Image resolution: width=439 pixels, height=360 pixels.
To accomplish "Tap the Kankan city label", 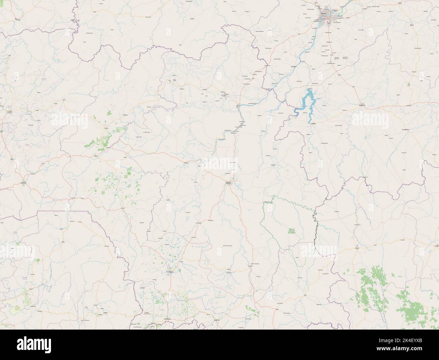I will [229, 183].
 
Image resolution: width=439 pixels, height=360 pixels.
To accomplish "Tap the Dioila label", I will [411, 25].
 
